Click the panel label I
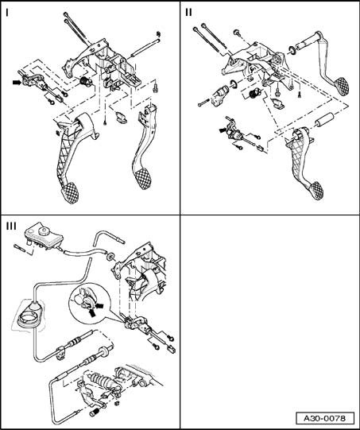tap(7, 13)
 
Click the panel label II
tap(188, 13)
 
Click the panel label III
tap(11, 227)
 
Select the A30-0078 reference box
tap(325, 419)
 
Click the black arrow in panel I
tap(17, 82)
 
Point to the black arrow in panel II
tap(223, 130)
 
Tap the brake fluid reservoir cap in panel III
tap(44, 230)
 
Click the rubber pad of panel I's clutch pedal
tap(71, 192)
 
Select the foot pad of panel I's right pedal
tap(143, 179)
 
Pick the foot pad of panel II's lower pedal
tap(315, 190)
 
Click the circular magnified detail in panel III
tap(89, 302)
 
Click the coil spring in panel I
tap(84, 81)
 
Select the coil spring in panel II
tap(254, 94)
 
